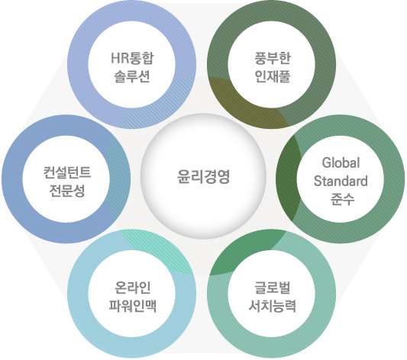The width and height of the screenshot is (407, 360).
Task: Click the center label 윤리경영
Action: point(203,177)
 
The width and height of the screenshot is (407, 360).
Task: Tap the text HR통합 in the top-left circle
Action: point(132,58)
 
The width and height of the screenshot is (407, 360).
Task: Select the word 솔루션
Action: point(132,76)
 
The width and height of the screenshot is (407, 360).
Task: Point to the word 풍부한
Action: point(273,58)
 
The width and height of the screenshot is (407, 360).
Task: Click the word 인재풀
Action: point(273,76)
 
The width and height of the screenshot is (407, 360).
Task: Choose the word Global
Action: point(341,162)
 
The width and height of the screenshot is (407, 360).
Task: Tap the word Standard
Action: point(341,181)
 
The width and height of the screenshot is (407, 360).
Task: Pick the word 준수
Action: point(342,199)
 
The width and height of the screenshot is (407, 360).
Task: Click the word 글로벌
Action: point(273,288)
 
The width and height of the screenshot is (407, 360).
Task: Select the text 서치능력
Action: point(273,306)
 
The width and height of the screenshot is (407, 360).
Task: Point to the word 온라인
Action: point(132,288)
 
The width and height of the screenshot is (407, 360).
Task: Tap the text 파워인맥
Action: point(132,306)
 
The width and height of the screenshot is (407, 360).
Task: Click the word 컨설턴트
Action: point(67,173)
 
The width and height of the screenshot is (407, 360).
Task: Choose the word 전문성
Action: point(67,191)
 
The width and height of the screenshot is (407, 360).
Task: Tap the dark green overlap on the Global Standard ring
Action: point(288,178)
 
